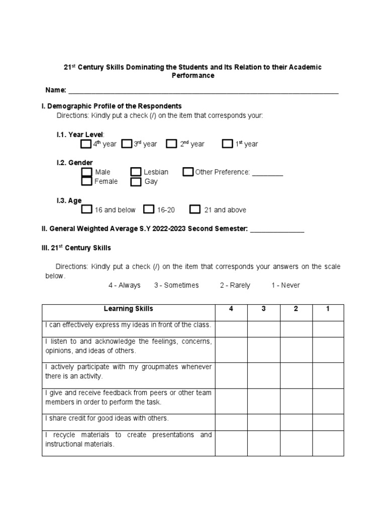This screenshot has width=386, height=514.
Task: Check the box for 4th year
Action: tap(86, 144)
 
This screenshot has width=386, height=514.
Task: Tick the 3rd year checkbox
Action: tap(127, 144)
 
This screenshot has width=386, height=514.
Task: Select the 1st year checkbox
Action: tap(228, 144)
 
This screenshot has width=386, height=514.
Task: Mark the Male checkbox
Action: tap(87, 172)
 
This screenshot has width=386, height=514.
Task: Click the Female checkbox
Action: tap(87, 181)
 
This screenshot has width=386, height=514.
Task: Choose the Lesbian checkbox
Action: tap(136, 172)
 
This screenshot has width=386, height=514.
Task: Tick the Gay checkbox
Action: tap(136, 182)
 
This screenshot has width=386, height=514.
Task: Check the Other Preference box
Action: tap(188, 172)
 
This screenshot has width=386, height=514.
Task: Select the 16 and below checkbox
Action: tap(87, 209)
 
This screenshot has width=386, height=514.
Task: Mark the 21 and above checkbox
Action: tap(196, 209)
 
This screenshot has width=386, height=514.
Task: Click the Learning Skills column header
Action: tap(129, 309)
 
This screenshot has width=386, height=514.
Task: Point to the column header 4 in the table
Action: tap(231, 309)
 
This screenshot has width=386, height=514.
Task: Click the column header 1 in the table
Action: tap(328, 309)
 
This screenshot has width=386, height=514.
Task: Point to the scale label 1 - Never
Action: tap(285, 285)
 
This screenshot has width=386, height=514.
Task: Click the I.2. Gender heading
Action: tap(74, 163)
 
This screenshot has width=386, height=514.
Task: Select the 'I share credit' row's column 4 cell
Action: tap(231, 418)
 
